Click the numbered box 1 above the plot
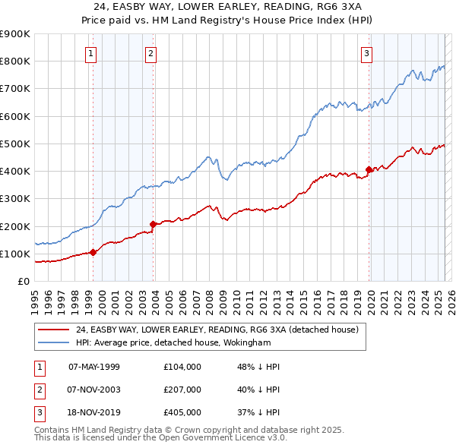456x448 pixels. tap(91, 53)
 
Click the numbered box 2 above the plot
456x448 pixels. tap(151, 53)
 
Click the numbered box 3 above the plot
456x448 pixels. tap(366, 53)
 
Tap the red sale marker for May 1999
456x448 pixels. tap(93, 252)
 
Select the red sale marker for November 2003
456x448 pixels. tap(154, 224)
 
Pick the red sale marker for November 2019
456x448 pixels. tap(369, 169)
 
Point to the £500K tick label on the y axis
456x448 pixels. tap(14, 144)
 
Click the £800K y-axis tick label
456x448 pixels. tap(14, 61)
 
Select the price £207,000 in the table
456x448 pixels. tap(182, 390)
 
